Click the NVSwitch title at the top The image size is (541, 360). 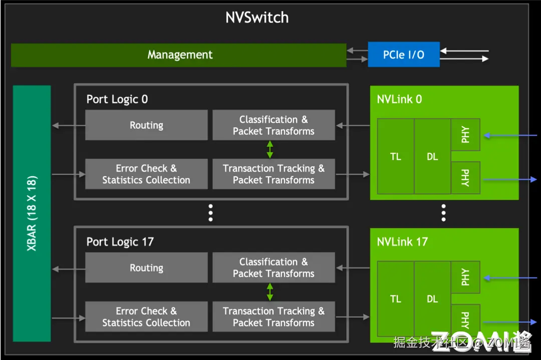(x=257, y=18)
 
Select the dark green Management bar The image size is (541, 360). (x=179, y=55)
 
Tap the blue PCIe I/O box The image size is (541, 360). (x=404, y=55)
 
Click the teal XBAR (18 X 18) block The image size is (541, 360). (x=32, y=213)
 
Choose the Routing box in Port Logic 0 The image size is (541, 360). (x=146, y=125)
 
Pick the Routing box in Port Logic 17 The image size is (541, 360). (x=146, y=268)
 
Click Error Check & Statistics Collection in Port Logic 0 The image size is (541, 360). (x=146, y=174)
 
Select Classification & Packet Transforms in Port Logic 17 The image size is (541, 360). (x=274, y=268)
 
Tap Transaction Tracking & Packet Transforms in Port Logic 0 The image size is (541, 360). (x=274, y=174)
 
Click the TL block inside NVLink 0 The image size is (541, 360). (x=396, y=157)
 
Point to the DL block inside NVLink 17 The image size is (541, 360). (x=432, y=299)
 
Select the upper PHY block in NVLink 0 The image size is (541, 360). (x=465, y=135)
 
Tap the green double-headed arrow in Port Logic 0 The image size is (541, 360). (x=270, y=150)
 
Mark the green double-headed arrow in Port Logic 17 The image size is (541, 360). (x=270, y=292)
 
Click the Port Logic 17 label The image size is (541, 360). (x=120, y=242)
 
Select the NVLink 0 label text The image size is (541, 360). (x=399, y=99)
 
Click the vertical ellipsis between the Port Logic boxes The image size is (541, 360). (x=211, y=213)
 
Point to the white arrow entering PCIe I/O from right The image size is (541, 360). (x=464, y=51)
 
